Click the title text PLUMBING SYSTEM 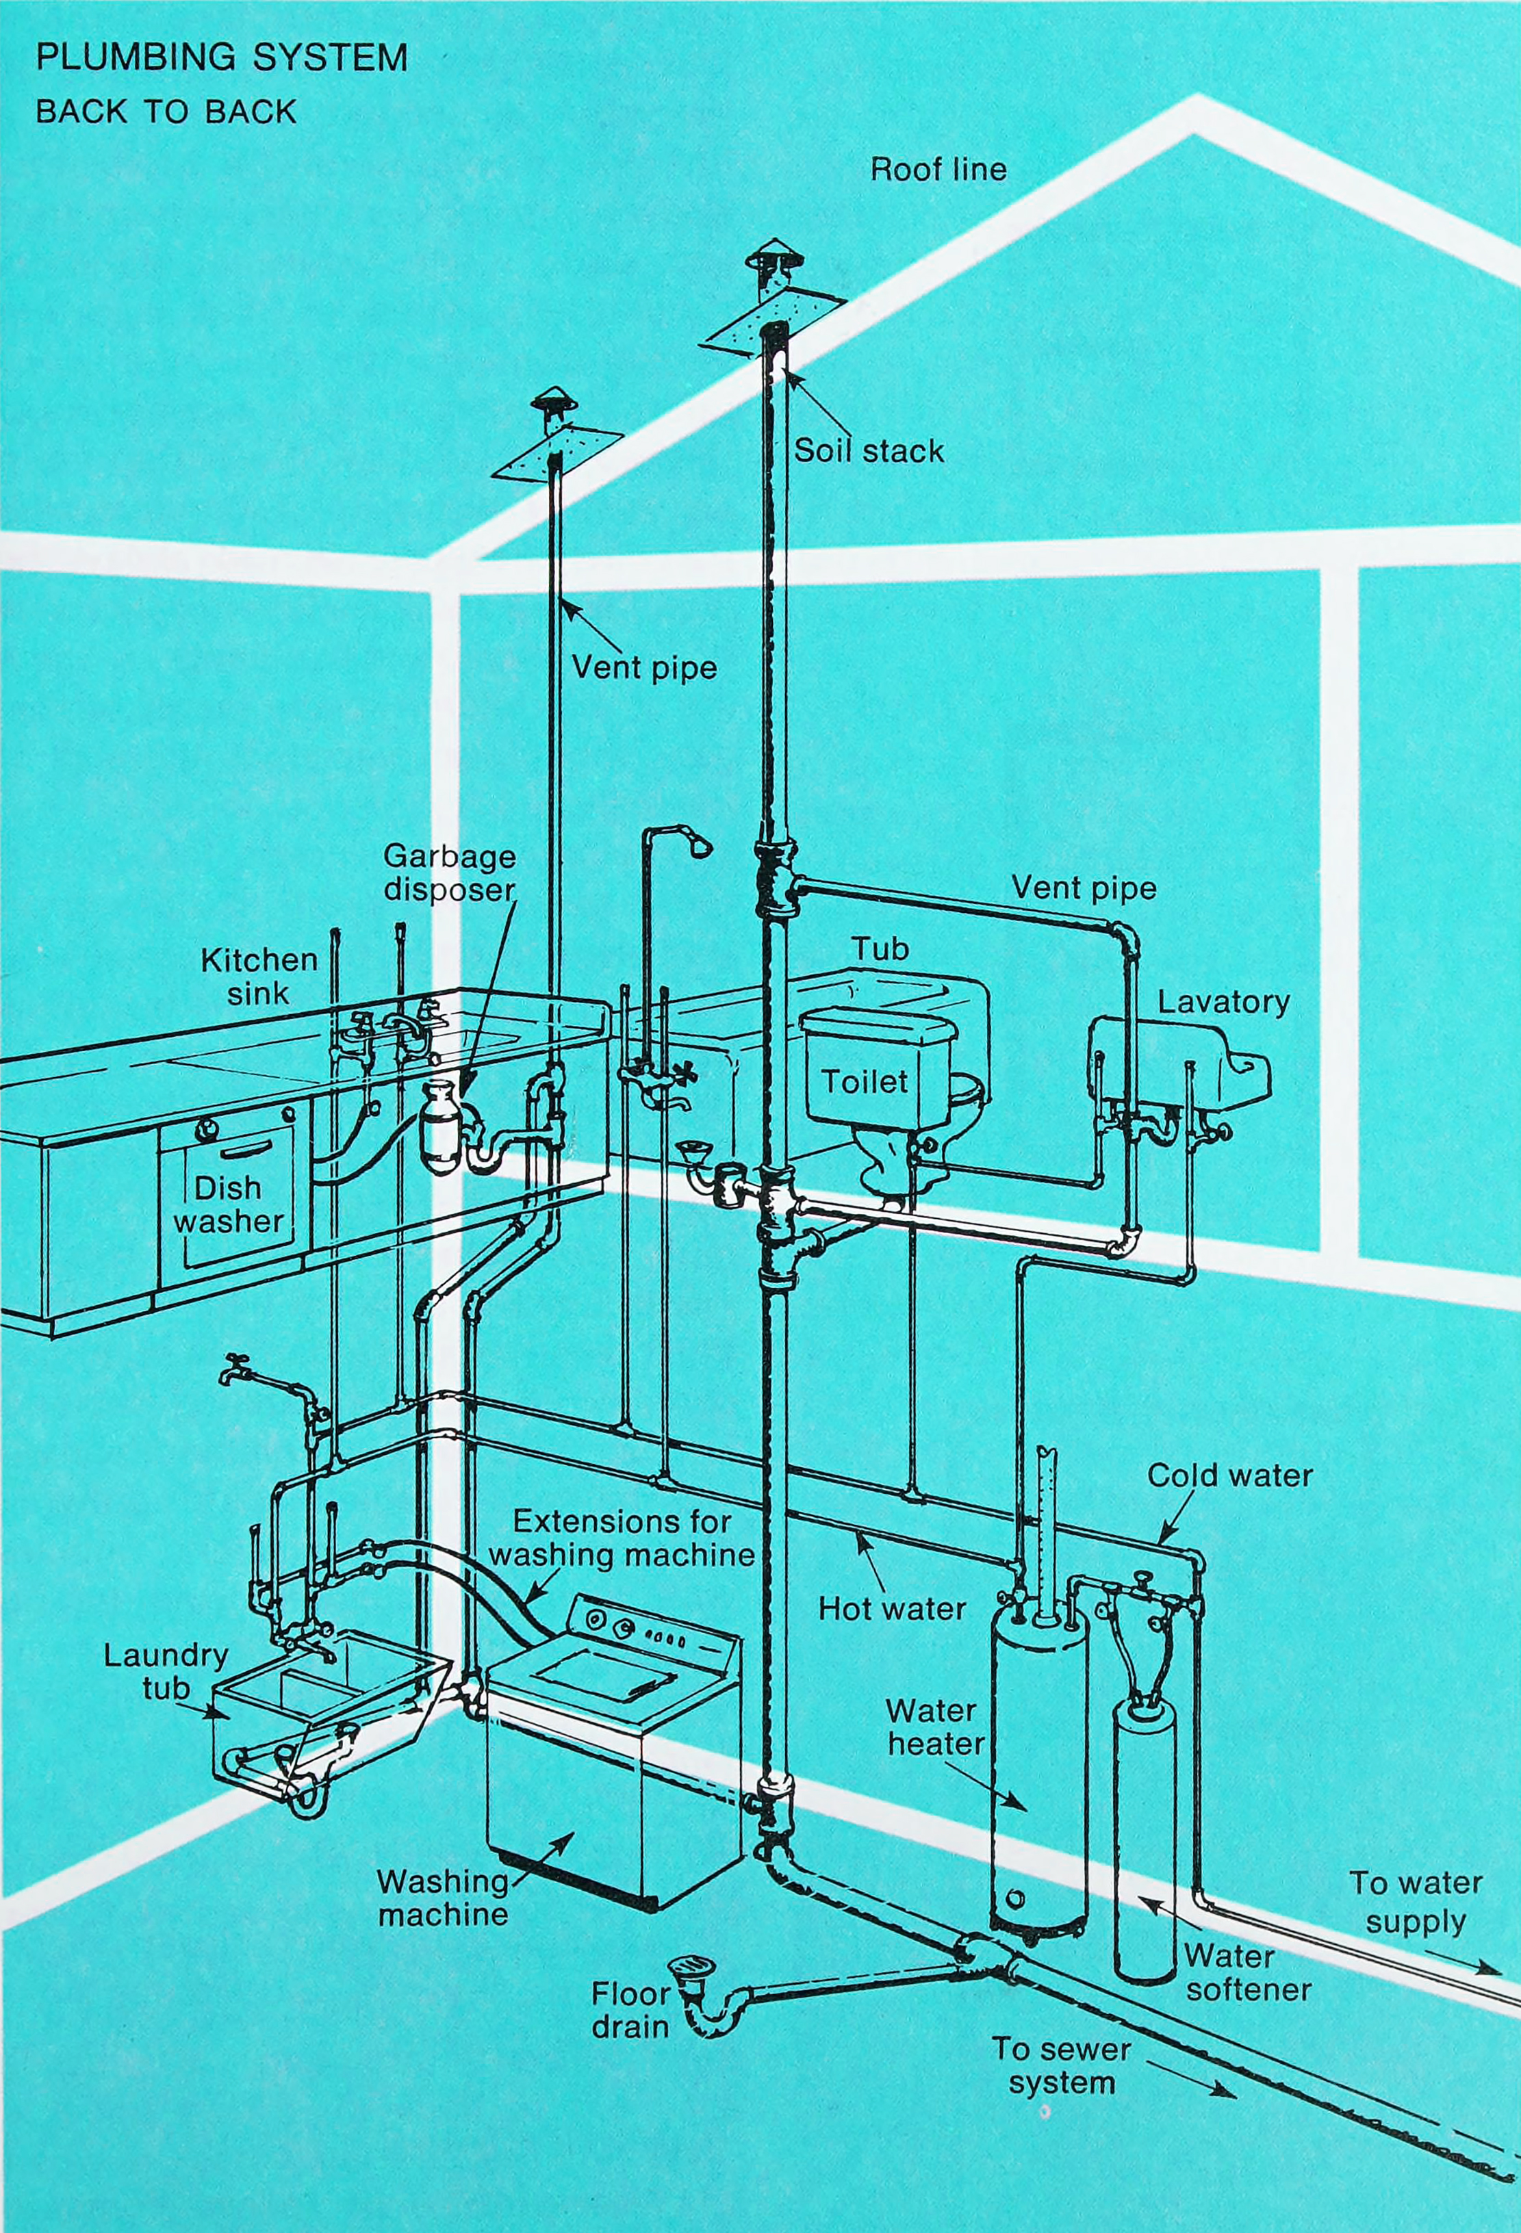tap(221, 57)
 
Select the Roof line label tap(938, 170)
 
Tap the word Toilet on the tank tap(864, 1082)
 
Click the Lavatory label tap(1223, 1002)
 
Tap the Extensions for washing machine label tap(622, 1537)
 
